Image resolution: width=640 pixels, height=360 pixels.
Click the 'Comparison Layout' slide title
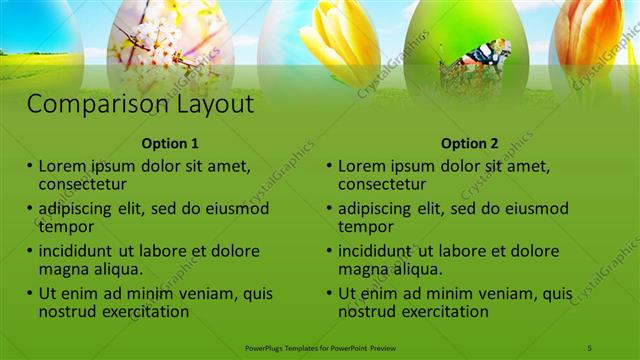pyautogui.click(x=140, y=104)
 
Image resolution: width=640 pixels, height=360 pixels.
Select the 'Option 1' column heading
pyautogui.click(x=170, y=143)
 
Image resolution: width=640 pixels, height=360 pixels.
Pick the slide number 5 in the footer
pyautogui.click(x=590, y=347)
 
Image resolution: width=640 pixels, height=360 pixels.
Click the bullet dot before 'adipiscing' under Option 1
pyautogui.click(x=30, y=209)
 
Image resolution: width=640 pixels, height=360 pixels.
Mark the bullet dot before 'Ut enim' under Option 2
pyautogui.click(x=330, y=295)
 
